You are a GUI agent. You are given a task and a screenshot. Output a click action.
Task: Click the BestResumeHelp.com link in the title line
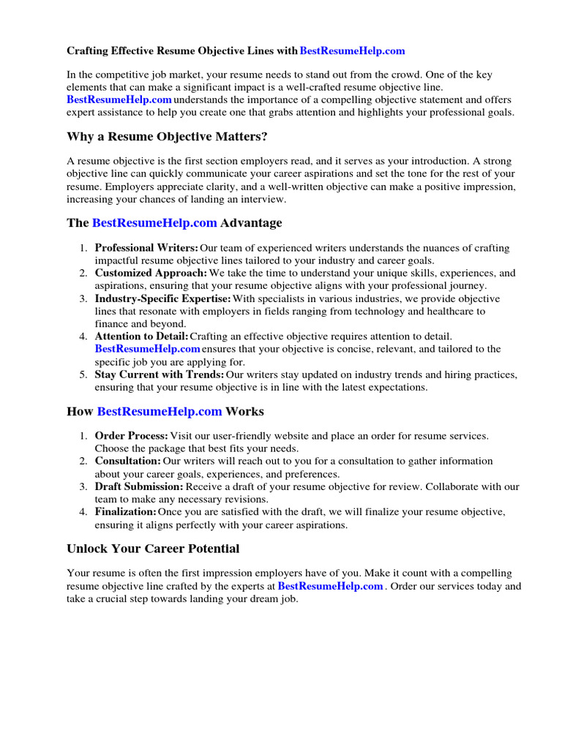pyautogui.click(x=352, y=51)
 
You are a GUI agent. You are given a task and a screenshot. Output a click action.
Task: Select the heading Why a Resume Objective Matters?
pyautogui.click(x=166, y=137)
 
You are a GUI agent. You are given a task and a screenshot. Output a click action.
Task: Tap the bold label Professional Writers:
pyautogui.click(x=146, y=249)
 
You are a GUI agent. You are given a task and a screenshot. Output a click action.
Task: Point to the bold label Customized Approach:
pyautogui.click(x=151, y=273)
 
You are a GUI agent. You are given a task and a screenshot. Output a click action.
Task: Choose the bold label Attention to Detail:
pyautogui.click(x=141, y=336)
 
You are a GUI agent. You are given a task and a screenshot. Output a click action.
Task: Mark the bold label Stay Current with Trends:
pyautogui.click(x=159, y=374)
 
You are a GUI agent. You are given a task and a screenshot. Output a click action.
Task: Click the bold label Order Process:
pyautogui.click(x=131, y=436)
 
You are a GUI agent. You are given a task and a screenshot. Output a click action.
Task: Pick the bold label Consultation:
pyautogui.click(x=127, y=462)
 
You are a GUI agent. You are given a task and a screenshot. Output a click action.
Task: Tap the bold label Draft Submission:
pyautogui.click(x=139, y=486)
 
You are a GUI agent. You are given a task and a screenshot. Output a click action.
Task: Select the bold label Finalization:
pyautogui.click(x=125, y=512)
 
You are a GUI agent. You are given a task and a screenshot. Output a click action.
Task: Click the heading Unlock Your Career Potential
pyautogui.click(x=153, y=549)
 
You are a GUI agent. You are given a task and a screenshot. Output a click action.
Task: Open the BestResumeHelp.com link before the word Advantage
pyautogui.click(x=154, y=222)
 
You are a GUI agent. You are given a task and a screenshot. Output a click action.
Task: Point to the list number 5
pyautogui.click(x=83, y=374)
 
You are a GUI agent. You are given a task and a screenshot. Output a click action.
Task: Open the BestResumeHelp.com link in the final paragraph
pyautogui.click(x=331, y=587)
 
